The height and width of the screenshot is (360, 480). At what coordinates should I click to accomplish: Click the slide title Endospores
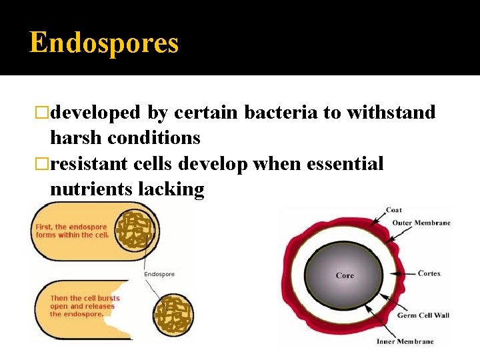[104, 43]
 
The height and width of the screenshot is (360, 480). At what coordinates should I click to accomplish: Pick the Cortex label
[429, 273]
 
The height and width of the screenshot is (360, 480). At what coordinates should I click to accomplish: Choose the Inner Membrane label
[405, 341]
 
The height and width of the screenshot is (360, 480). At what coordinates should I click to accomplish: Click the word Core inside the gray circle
[345, 275]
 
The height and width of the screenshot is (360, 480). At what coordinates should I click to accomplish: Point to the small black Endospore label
[160, 274]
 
